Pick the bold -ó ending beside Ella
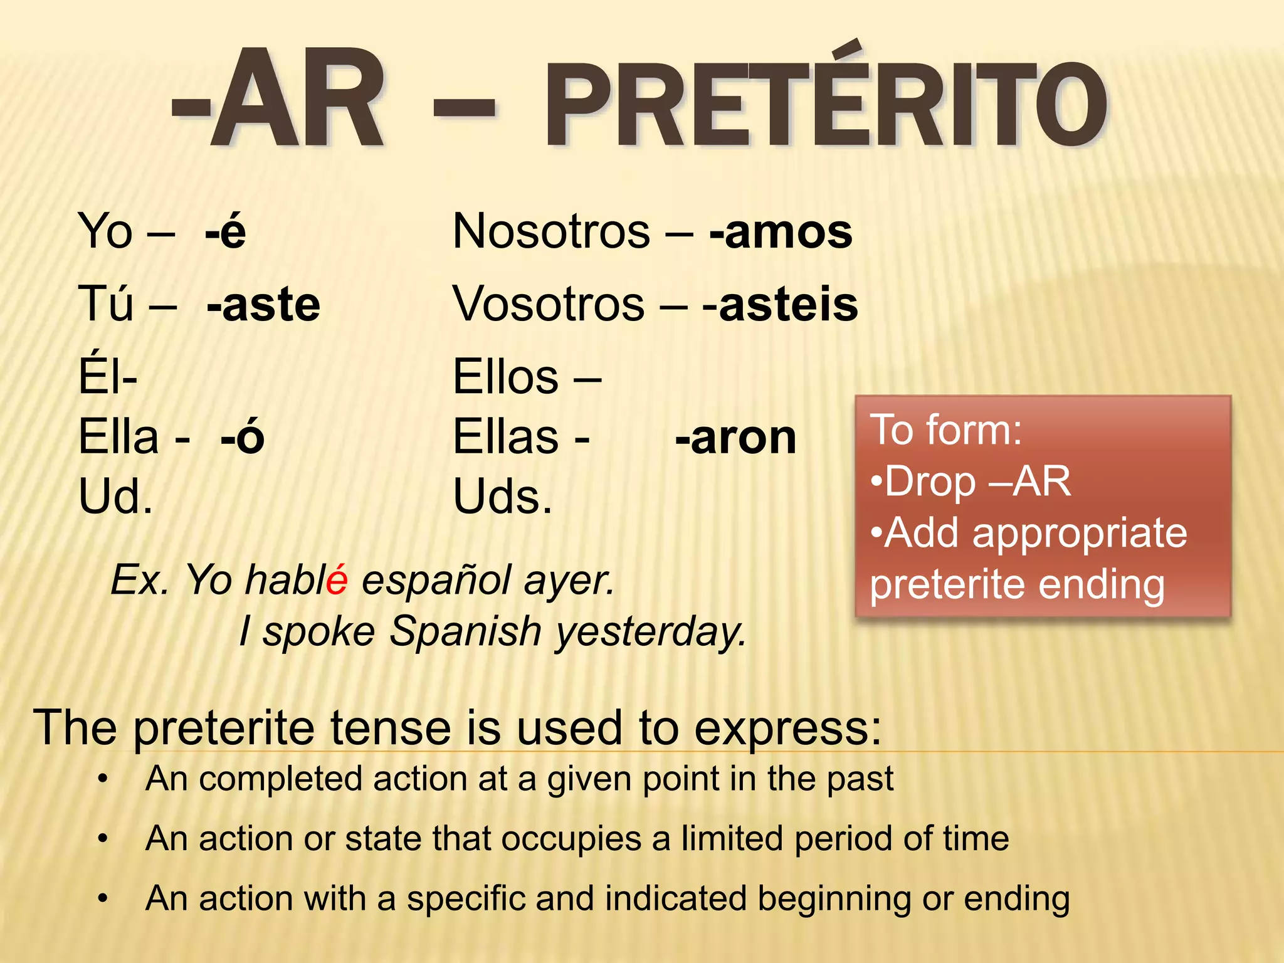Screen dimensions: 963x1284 [x=243, y=438]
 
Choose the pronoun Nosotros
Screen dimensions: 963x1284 [x=551, y=232]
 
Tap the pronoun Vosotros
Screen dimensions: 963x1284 [x=549, y=305]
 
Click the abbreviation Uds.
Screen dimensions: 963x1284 [x=502, y=497]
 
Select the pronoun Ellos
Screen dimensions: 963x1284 [x=505, y=377]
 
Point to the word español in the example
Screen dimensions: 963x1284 [x=436, y=581]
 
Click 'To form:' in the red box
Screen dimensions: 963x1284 [x=945, y=430]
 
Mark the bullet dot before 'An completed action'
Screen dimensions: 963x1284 [x=103, y=779]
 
